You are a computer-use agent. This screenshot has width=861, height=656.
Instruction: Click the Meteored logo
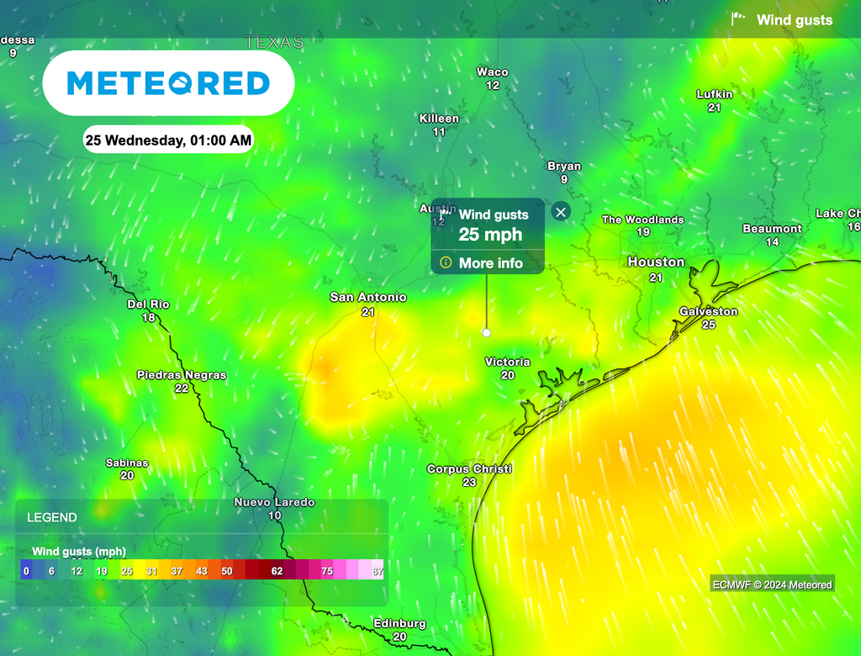click(x=168, y=83)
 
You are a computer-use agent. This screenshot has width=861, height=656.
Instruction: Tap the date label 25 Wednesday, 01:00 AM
click(x=168, y=140)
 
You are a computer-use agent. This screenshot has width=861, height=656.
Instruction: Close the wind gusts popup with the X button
click(x=561, y=212)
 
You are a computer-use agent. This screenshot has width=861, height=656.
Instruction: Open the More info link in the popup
click(x=490, y=263)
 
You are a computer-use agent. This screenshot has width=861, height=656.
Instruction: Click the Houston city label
click(x=656, y=262)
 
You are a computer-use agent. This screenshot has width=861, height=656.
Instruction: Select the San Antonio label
click(x=367, y=298)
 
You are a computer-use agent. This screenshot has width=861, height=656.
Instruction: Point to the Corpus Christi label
click(x=469, y=469)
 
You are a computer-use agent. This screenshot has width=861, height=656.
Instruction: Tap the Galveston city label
click(x=708, y=311)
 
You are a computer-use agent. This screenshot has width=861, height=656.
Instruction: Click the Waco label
click(x=493, y=72)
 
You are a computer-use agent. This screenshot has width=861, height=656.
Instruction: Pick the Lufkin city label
click(x=715, y=95)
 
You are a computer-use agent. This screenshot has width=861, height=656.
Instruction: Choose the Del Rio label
click(x=149, y=304)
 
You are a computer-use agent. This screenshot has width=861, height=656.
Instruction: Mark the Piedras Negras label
click(x=182, y=376)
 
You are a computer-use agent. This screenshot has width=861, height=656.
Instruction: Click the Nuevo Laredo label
click(x=274, y=503)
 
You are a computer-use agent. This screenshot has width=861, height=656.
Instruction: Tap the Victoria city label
click(x=507, y=362)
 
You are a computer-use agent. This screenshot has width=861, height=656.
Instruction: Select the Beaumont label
click(x=772, y=229)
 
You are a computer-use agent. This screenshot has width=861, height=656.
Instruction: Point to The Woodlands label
click(x=642, y=220)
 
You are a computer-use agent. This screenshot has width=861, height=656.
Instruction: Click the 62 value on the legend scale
click(x=277, y=571)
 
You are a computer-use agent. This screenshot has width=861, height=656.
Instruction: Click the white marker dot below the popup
click(x=486, y=333)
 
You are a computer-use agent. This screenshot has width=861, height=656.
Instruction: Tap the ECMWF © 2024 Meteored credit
click(x=771, y=585)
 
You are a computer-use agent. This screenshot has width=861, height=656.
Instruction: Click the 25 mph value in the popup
click(x=490, y=235)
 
